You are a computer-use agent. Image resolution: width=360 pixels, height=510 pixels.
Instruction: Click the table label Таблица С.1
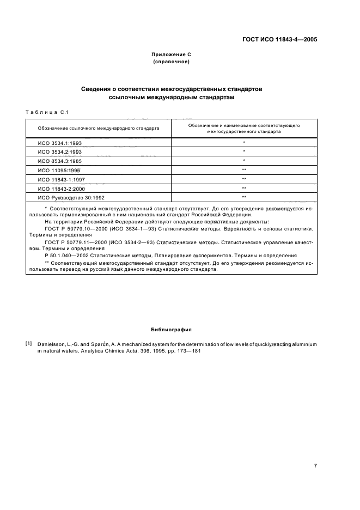tap(46, 112)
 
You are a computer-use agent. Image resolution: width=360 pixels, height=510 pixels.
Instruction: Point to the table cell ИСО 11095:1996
tap(59, 169)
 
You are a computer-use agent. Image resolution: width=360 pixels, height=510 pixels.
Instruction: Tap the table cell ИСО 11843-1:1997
tap(61, 179)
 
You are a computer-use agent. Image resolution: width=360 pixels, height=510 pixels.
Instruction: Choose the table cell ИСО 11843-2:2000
tap(61, 188)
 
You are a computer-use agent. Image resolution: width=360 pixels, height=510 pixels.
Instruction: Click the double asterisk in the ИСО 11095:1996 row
tap(244, 169)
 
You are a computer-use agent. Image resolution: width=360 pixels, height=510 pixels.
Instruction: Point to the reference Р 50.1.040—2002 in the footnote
tap(71, 255)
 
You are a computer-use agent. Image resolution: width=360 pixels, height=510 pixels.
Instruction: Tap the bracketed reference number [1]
tap(28, 344)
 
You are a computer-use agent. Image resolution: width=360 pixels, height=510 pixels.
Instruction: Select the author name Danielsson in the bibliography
tap(51, 345)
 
